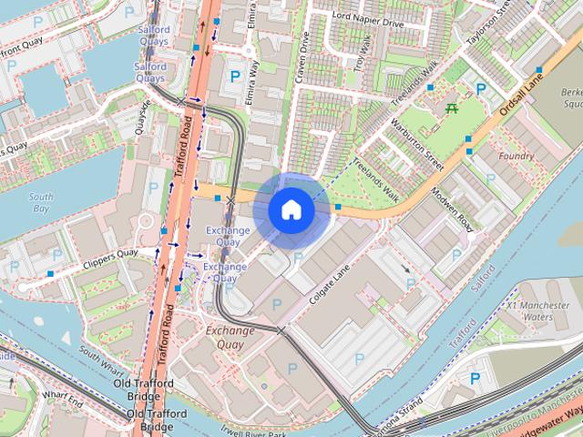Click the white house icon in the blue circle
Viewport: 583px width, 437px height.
tap(291, 209)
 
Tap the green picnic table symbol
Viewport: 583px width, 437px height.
tap(451, 107)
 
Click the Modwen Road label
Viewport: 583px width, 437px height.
tap(454, 209)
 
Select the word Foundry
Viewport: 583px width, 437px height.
tap(517, 156)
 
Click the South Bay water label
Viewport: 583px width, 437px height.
tap(40, 202)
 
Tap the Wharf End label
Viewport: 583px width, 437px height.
tap(63, 399)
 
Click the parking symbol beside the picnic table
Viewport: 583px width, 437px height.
tap(480, 89)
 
